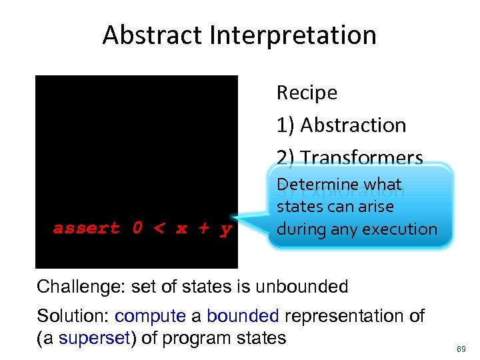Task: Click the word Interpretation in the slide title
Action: [294, 35]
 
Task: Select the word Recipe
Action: [307, 93]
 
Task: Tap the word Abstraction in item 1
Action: [353, 125]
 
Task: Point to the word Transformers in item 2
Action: [361, 157]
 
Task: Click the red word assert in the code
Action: [87, 229]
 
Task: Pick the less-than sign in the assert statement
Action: [159, 229]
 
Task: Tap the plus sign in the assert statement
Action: [204, 229]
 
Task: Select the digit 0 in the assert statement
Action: [137, 229]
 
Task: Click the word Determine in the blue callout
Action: [317, 184]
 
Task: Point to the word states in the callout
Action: [297, 207]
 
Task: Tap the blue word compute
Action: [151, 316]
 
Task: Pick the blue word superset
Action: [93, 338]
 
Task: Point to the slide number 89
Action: [460, 348]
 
